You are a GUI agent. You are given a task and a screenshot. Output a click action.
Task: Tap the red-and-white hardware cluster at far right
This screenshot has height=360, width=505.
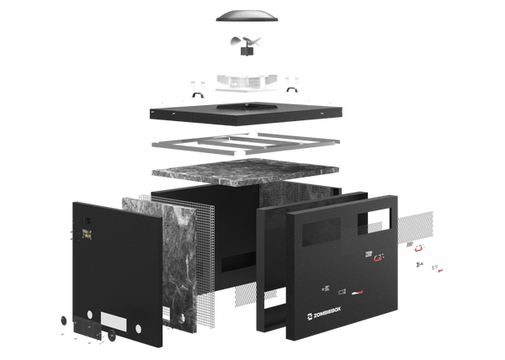tap(421, 256)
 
